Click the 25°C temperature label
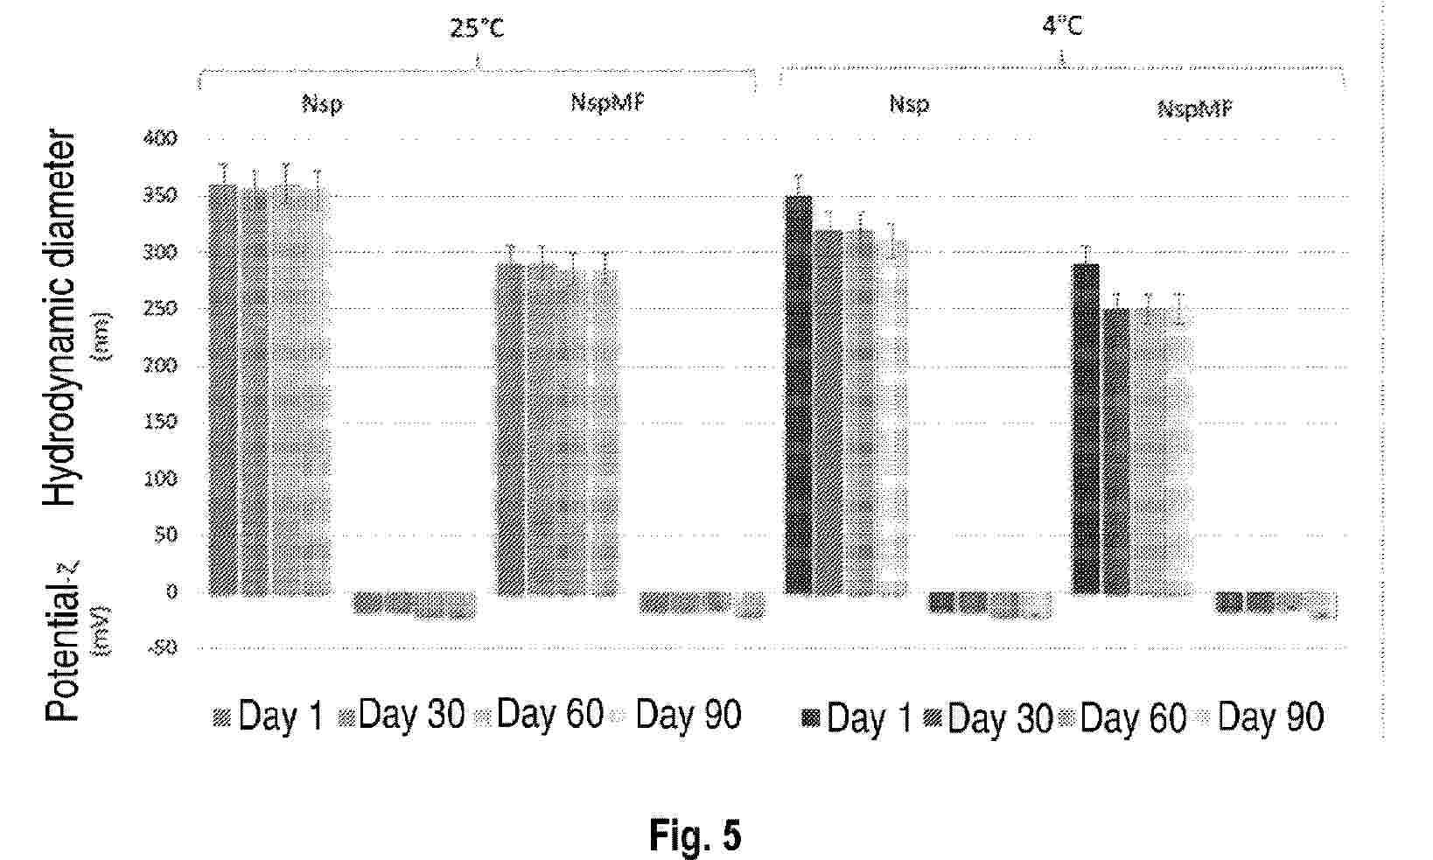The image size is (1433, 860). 477,29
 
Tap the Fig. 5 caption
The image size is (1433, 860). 695,836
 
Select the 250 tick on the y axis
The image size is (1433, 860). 164,309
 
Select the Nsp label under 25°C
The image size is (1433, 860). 323,104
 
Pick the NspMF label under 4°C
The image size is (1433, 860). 1195,108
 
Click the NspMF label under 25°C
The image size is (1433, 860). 608,102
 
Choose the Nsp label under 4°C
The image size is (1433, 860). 909,104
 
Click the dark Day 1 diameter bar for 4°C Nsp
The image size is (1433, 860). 798,394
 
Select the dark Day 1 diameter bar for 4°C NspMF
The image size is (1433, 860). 1086,429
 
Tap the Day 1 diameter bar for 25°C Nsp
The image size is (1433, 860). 223,389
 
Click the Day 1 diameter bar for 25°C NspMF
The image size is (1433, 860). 511,429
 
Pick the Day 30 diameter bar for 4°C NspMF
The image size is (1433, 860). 1115,451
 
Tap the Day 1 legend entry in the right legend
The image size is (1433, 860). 856,719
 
